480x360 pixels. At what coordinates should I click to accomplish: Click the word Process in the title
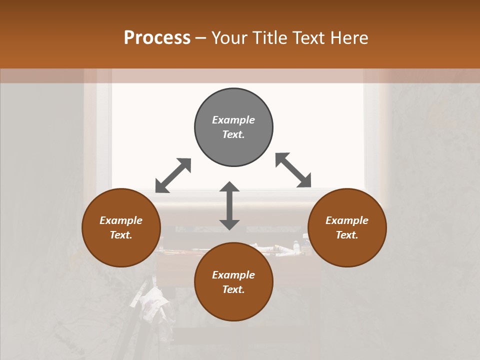pyautogui.click(x=157, y=38)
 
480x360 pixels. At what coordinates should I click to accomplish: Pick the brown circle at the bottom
pyautogui.click(x=233, y=305)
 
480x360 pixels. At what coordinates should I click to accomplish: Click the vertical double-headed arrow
pyautogui.click(x=229, y=205)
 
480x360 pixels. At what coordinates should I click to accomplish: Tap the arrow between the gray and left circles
pyautogui.click(x=173, y=175)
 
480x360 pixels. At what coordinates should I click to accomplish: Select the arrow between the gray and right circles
pyautogui.click(x=293, y=170)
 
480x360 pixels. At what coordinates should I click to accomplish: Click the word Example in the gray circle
pyautogui.click(x=233, y=120)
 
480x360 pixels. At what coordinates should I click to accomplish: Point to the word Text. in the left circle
pyautogui.click(x=121, y=235)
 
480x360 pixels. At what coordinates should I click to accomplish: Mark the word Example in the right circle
pyautogui.click(x=347, y=220)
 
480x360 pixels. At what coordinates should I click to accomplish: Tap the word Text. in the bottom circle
pyautogui.click(x=233, y=289)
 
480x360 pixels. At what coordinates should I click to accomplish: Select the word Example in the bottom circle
pyautogui.click(x=233, y=275)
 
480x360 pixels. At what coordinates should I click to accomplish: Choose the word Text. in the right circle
pyautogui.click(x=347, y=235)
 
